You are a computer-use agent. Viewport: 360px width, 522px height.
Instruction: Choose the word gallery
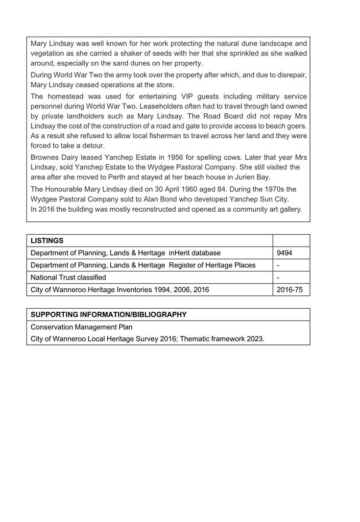coord(289,209)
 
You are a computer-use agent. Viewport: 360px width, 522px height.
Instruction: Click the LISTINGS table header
coord(47,241)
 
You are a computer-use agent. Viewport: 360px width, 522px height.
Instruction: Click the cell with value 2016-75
coord(290,290)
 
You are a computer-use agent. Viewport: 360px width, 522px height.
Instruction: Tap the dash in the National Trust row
coord(278,278)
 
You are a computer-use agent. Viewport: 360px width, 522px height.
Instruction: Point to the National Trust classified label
coord(68,278)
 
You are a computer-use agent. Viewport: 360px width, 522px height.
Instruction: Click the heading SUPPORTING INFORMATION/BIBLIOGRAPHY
coord(109,315)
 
